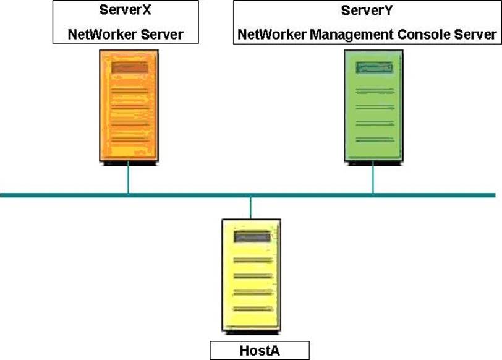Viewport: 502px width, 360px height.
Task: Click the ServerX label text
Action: click(125, 11)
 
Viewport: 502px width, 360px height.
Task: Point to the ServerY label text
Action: click(368, 11)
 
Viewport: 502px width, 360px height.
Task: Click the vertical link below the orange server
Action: click(129, 179)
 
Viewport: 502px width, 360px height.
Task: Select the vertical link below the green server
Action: click(373, 179)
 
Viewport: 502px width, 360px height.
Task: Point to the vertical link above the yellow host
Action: click(251, 207)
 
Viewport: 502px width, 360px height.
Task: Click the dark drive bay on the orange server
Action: click(129, 67)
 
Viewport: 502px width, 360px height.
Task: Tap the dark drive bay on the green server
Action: click(375, 67)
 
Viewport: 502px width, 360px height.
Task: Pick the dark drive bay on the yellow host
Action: click(252, 236)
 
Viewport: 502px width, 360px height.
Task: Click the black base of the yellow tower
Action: click(251, 333)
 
